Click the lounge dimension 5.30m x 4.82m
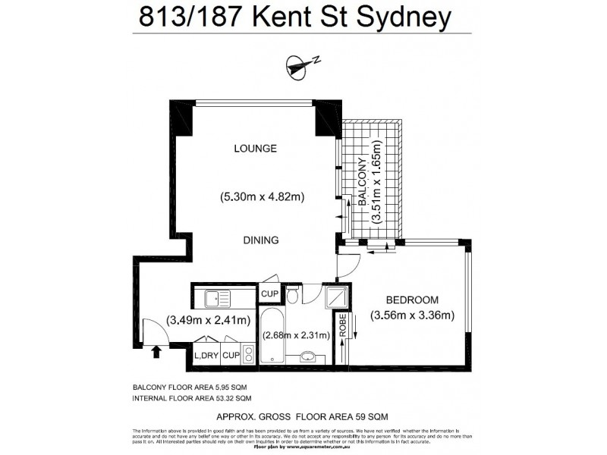[x=262, y=197]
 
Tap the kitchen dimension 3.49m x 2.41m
[x=208, y=320]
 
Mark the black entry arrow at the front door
[x=157, y=350]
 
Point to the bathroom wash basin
[x=309, y=356]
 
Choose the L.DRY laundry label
[x=207, y=355]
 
